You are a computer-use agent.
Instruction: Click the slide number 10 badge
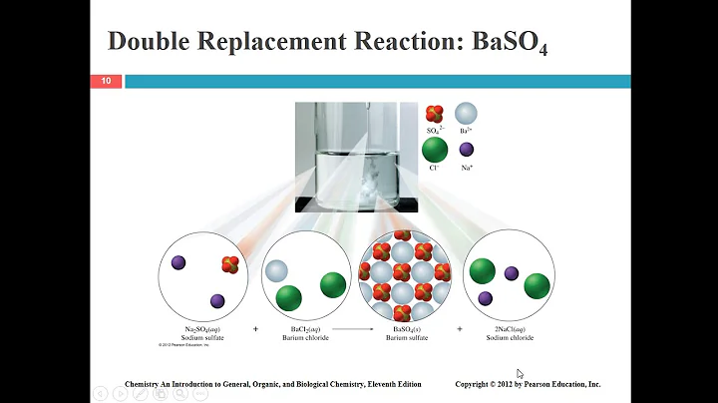pyautogui.click(x=105, y=81)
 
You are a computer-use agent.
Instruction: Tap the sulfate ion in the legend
pyautogui.click(x=434, y=115)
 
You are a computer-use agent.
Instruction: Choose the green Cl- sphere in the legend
pyautogui.click(x=434, y=151)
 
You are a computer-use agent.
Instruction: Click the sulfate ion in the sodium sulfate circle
pyautogui.click(x=230, y=264)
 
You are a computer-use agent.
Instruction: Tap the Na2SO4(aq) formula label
pyautogui.click(x=203, y=328)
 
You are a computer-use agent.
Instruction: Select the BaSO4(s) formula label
pyautogui.click(x=405, y=328)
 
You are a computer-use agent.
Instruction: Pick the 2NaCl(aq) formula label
pyautogui.click(x=509, y=328)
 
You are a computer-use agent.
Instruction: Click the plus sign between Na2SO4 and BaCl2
pyautogui.click(x=256, y=328)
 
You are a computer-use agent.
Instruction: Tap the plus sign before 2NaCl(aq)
pyautogui.click(x=460, y=328)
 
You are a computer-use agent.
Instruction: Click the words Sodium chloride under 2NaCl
pyautogui.click(x=509, y=338)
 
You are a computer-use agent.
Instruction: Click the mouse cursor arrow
pyautogui.click(x=521, y=374)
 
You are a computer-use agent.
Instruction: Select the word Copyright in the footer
pyautogui.click(x=477, y=384)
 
